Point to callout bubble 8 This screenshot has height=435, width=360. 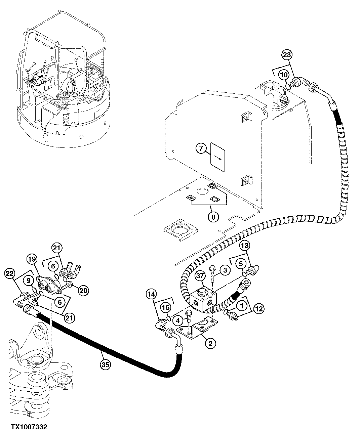[x=213, y=217]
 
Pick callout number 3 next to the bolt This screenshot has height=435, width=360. [x=225, y=270]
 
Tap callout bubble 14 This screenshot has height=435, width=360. [x=152, y=295]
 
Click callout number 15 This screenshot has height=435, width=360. [x=165, y=307]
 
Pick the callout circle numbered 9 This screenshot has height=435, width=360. [x=29, y=280]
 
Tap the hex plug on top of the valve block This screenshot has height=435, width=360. [x=202, y=291]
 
